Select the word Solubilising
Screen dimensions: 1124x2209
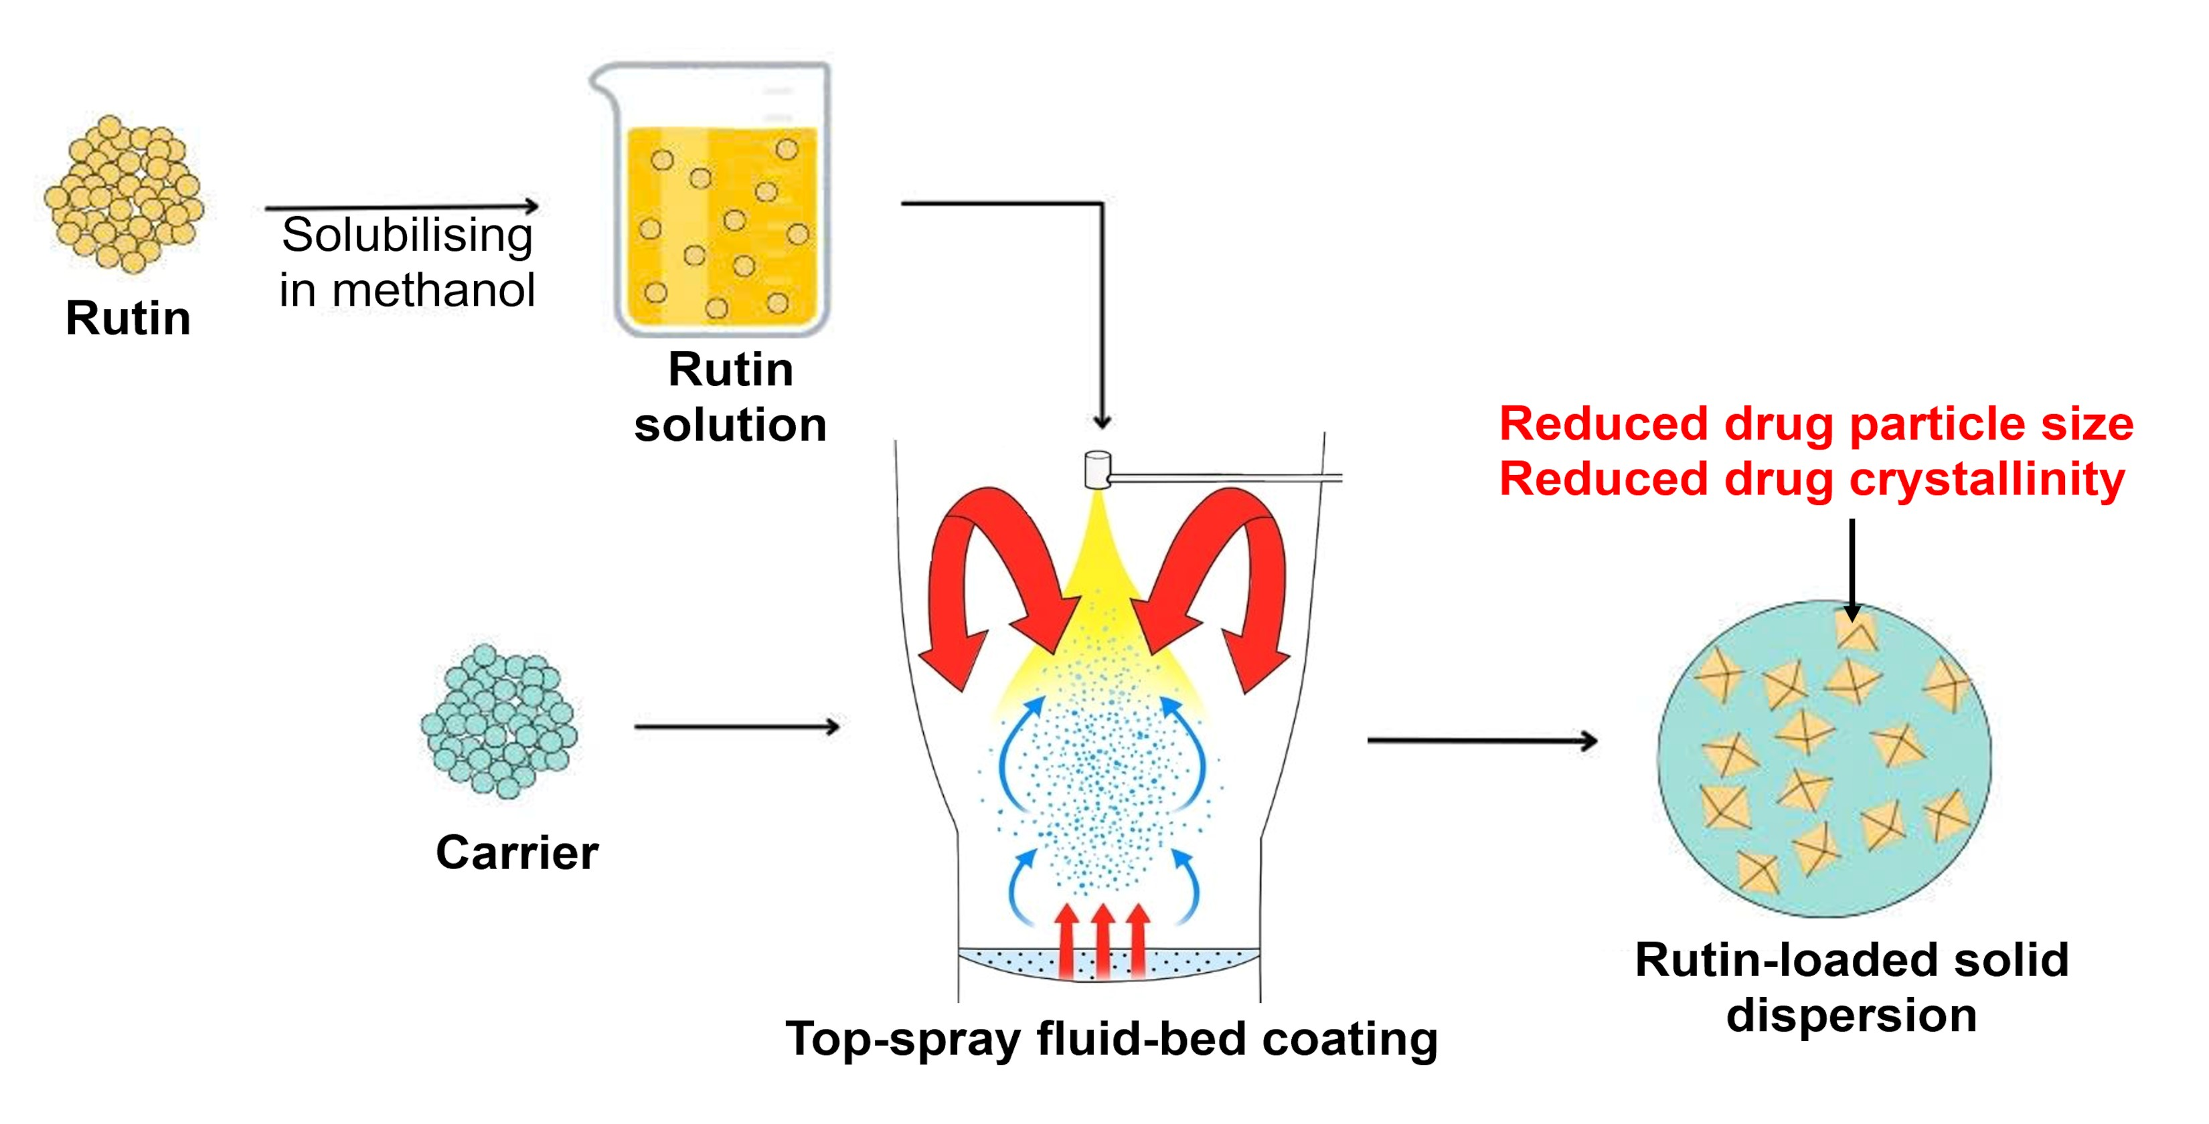click(408, 236)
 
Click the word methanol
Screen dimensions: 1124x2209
click(433, 290)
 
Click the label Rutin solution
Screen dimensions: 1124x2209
click(730, 397)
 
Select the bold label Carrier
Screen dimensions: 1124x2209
click(516, 853)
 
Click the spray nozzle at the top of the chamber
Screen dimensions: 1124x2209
click(1096, 470)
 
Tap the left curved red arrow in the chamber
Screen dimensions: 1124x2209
click(986, 583)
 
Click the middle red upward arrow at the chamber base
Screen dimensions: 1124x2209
click(1102, 939)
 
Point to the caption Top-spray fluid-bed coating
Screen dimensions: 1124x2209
click(1111, 1039)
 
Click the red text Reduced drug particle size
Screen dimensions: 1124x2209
click(1815, 424)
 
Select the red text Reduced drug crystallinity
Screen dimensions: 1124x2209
click(1811, 479)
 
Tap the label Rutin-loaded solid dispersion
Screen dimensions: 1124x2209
click(1852, 987)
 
